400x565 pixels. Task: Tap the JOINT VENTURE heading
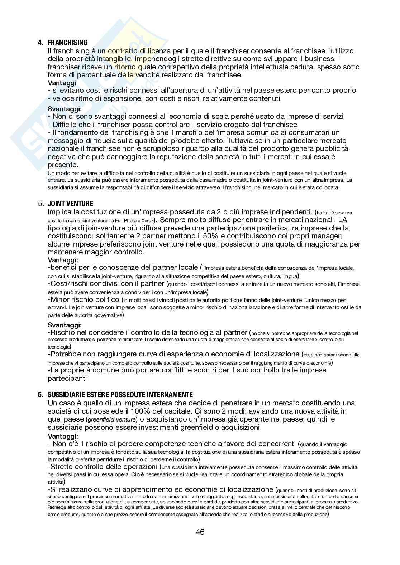(70, 204)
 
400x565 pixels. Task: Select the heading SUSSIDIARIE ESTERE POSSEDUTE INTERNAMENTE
(120, 395)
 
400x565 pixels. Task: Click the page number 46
(200, 532)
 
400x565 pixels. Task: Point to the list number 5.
(41, 204)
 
